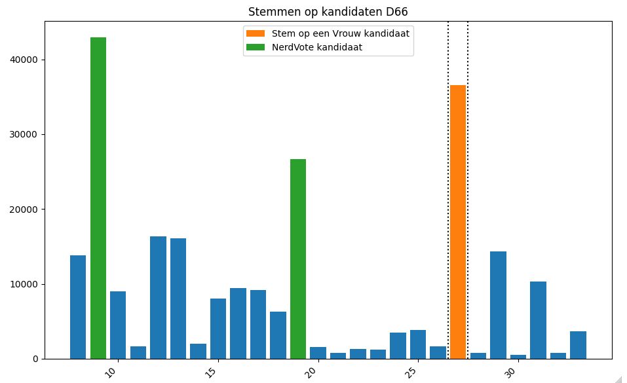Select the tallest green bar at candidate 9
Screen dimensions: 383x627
click(98, 196)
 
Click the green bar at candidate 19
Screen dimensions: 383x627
click(298, 259)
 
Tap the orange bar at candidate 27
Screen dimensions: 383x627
click(458, 223)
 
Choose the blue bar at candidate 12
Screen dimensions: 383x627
click(158, 297)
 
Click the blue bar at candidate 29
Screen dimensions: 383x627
click(498, 304)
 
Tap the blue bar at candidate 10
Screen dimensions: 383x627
click(118, 325)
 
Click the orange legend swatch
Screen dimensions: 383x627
click(256, 33)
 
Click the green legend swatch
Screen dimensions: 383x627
click(256, 46)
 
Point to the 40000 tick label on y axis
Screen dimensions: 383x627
click(25, 60)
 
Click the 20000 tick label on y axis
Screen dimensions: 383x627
click(25, 210)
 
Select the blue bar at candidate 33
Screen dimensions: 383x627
click(578, 344)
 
